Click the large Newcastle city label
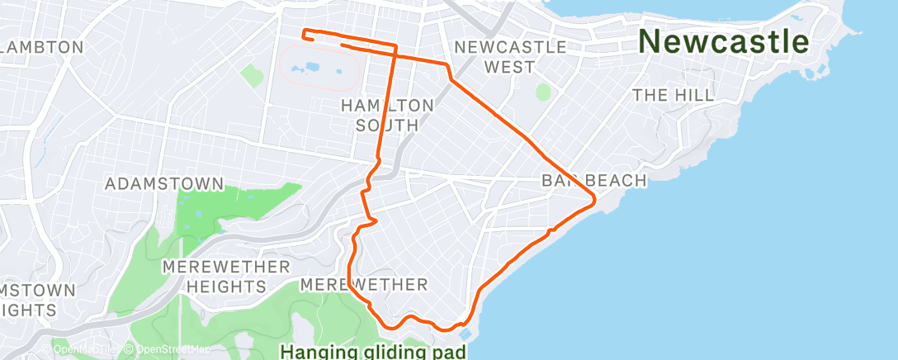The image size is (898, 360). pos(724,40)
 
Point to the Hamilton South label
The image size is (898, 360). pos(387,115)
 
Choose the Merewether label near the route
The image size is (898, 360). pos(364,285)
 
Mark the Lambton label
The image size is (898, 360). pos(43,47)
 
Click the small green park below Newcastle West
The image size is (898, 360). pos(542,92)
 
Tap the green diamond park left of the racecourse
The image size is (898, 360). pos(252,76)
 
